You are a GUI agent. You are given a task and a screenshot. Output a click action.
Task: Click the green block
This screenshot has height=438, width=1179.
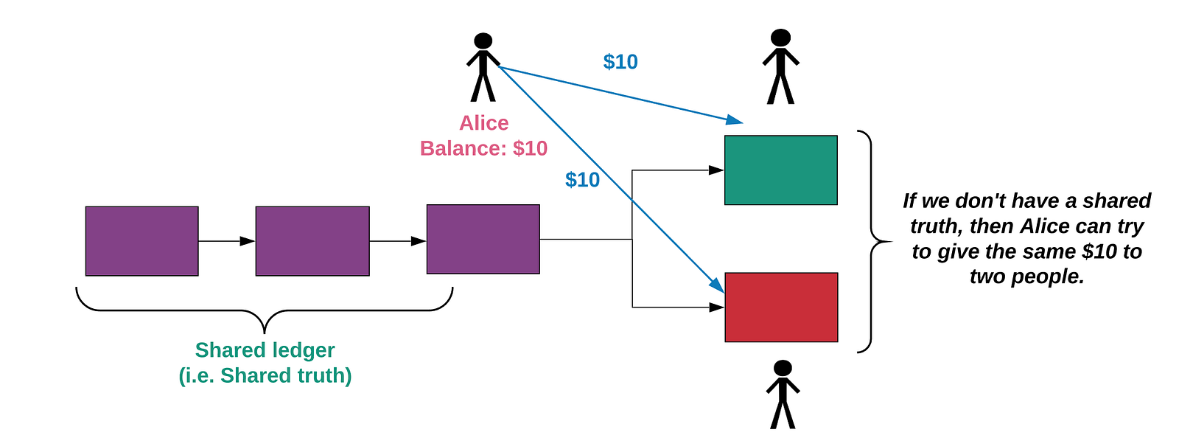pyautogui.click(x=780, y=170)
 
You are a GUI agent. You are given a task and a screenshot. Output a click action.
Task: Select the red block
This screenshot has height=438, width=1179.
pyautogui.click(x=781, y=307)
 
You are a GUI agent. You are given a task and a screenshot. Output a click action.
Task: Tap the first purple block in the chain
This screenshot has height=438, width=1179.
pyautogui.click(x=142, y=241)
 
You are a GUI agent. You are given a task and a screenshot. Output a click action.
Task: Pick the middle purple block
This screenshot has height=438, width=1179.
pyautogui.click(x=312, y=241)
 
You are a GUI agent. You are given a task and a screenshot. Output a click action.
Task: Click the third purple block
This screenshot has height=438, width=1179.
pyautogui.click(x=483, y=240)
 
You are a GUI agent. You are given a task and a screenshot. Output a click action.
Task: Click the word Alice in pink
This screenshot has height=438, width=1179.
pyautogui.click(x=483, y=123)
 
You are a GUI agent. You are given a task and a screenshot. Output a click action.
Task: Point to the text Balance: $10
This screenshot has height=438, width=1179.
pyautogui.click(x=483, y=148)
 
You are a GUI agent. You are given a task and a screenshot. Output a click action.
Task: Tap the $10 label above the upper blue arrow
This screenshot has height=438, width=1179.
pyautogui.click(x=620, y=62)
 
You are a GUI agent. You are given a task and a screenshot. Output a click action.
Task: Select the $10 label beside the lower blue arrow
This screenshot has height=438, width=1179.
pyautogui.click(x=583, y=180)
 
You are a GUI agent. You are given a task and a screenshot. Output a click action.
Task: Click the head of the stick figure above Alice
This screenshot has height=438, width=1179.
pyautogui.click(x=483, y=41)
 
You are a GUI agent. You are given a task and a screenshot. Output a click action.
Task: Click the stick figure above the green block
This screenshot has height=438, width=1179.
pyautogui.click(x=780, y=66)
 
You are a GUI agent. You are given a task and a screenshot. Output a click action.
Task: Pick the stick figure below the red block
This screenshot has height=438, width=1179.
pyautogui.click(x=783, y=394)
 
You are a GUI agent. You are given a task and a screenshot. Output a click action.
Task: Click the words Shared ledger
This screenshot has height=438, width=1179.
pyautogui.click(x=265, y=350)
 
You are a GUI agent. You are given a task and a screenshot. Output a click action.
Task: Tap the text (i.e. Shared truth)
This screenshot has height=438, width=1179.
pyautogui.click(x=265, y=376)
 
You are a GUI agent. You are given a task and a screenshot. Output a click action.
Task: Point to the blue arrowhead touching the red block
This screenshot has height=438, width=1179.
pyautogui.click(x=718, y=285)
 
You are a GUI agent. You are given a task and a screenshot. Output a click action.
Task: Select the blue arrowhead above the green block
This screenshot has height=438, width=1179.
pyautogui.click(x=734, y=119)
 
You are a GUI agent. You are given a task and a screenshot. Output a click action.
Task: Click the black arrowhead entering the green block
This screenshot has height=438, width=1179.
pyautogui.click(x=716, y=170)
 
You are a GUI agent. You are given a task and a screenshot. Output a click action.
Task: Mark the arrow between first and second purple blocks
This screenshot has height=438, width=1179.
pyautogui.click(x=227, y=241)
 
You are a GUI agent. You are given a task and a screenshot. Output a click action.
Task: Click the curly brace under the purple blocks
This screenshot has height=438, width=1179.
pyautogui.click(x=265, y=310)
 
